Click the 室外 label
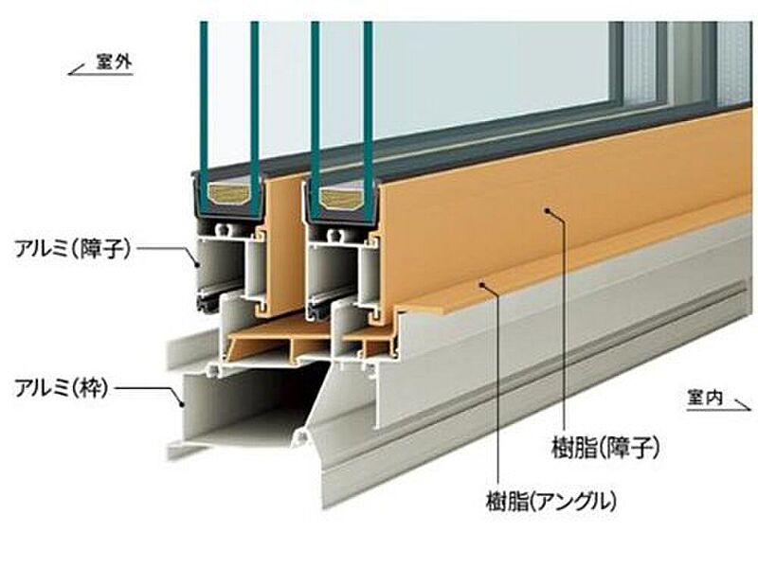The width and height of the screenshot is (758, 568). click(x=116, y=65)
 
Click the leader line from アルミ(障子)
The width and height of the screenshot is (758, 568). click(x=171, y=250)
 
